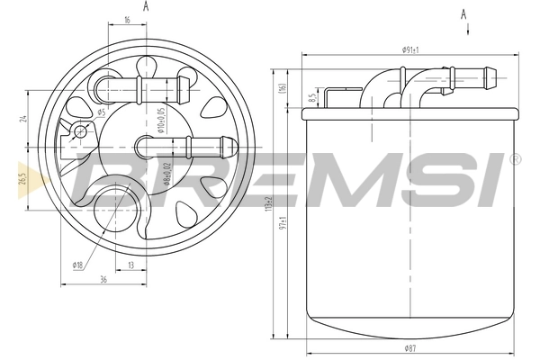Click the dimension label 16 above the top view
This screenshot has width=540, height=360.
[x=127, y=19]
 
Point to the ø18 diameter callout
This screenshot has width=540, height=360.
[x=78, y=265]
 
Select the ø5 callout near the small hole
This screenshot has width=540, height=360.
[x=101, y=112]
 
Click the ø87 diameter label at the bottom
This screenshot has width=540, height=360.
[x=411, y=347]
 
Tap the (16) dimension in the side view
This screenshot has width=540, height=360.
[x=283, y=88]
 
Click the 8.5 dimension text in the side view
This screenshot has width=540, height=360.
[x=311, y=97]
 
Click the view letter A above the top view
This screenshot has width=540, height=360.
[x=147, y=5]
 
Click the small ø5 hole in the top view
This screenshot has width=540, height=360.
[x=82, y=131]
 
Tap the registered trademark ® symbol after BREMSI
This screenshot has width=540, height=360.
[x=515, y=160]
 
